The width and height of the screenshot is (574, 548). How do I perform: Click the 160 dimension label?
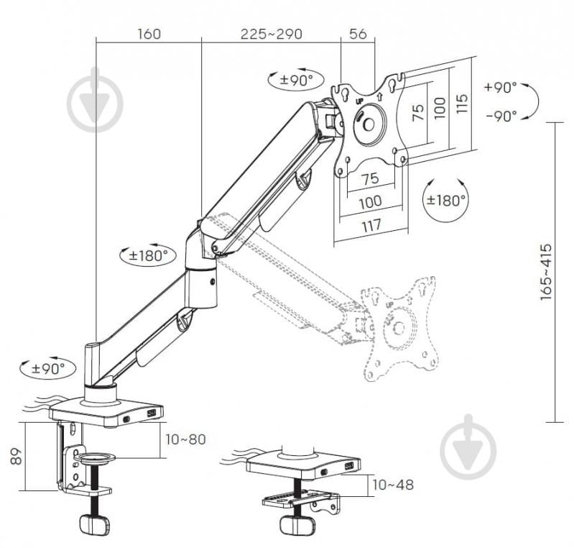(147, 34)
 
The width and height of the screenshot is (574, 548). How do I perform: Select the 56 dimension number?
(357, 34)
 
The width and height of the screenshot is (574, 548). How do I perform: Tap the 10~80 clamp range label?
(185, 439)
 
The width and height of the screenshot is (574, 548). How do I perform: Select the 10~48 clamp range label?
(393, 485)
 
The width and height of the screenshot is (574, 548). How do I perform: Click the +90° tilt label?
(500, 88)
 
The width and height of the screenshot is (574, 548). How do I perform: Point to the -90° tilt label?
(500, 115)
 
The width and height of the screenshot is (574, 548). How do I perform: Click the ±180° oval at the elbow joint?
(147, 255)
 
